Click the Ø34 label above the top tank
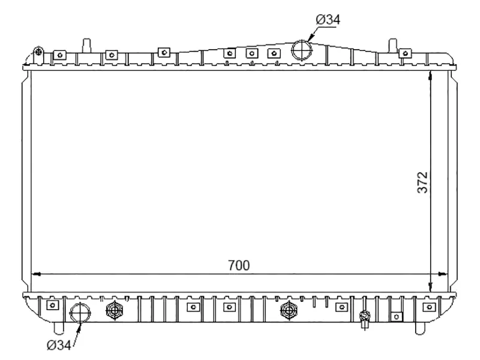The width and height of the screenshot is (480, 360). (x=328, y=20)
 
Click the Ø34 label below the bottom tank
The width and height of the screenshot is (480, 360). (x=58, y=345)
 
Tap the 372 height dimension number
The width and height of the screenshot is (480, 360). (x=422, y=182)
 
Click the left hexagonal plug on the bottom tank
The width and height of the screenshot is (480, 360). (x=113, y=310)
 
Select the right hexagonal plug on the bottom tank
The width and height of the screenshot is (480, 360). (x=289, y=310)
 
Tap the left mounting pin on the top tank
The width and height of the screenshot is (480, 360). (x=87, y=45)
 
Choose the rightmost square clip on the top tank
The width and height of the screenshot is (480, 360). (x=407, y=54)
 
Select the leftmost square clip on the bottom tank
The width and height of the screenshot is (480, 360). (x=53, y=305)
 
